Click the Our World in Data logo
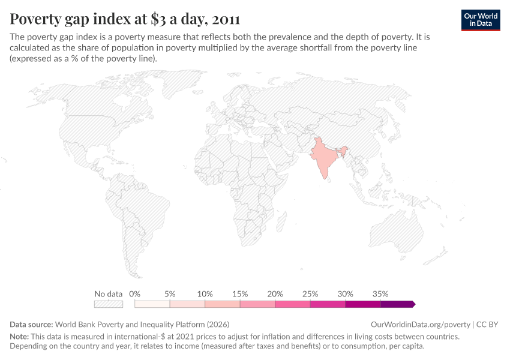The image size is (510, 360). pyautogui.click(x=480, y=20)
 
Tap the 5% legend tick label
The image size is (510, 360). pyautogui.click(x=170, y=294)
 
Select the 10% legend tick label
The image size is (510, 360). pyautogui.click(x=205, y=294)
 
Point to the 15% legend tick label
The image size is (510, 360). pyautogui.click(x=240, y=294)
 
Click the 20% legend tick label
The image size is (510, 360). pyautogui.click(x=275, y=294)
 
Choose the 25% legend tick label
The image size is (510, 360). pyautogui.click(x=310, y=294)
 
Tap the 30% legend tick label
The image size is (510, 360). pyautogui.click(x=346, y=294)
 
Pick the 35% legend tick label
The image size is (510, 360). pyautogui.click(x=380, y=294)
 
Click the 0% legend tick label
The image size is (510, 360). pyautogui.click(x=135, y=294)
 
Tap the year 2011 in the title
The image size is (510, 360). pyautogui.click(x=221, y=19)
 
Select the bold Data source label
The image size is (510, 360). pyautogui.click(x=31, y=324)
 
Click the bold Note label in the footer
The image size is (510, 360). pyautogui.click(x=20, y=337)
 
